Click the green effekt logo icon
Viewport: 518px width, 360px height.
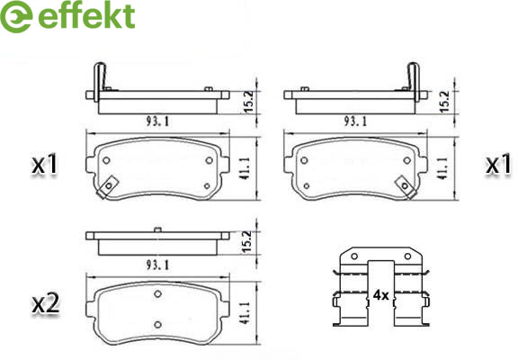point(16,16)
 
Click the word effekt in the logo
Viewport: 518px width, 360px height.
point(87,15)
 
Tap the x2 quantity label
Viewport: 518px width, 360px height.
point(46,304)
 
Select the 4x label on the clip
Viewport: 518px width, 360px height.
point(381,295)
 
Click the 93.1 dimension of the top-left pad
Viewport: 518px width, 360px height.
point(157,121)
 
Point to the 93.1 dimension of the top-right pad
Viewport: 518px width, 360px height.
point(355,121)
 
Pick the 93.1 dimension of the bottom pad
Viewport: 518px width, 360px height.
point(157,265)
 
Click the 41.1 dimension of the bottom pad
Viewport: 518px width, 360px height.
point(246,312)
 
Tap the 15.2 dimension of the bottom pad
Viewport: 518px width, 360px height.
point(246,242)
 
